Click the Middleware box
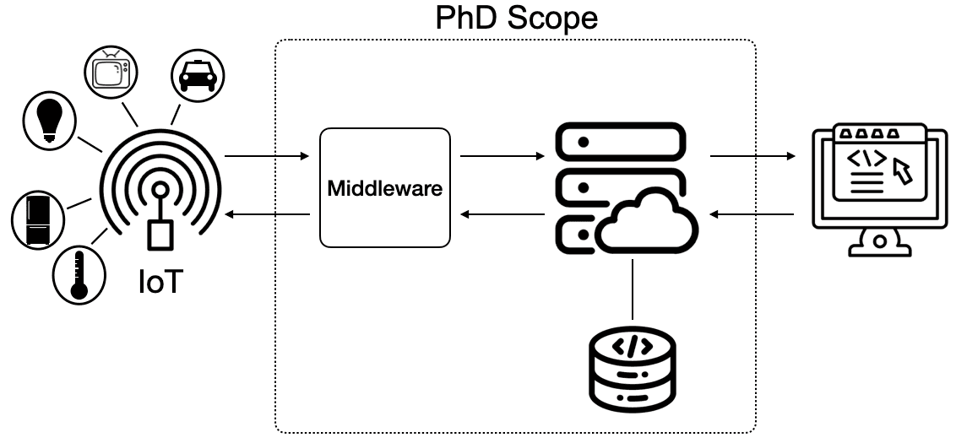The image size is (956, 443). click(x=384, y=187)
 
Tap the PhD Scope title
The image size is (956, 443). click(x=516, y=18)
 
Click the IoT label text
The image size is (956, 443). click(x=160, y=282)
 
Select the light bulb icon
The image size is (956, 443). click(x=48, y=120)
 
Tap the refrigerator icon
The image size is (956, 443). click(x=38, y=219)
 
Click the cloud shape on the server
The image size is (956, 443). click(x=646, y=224)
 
